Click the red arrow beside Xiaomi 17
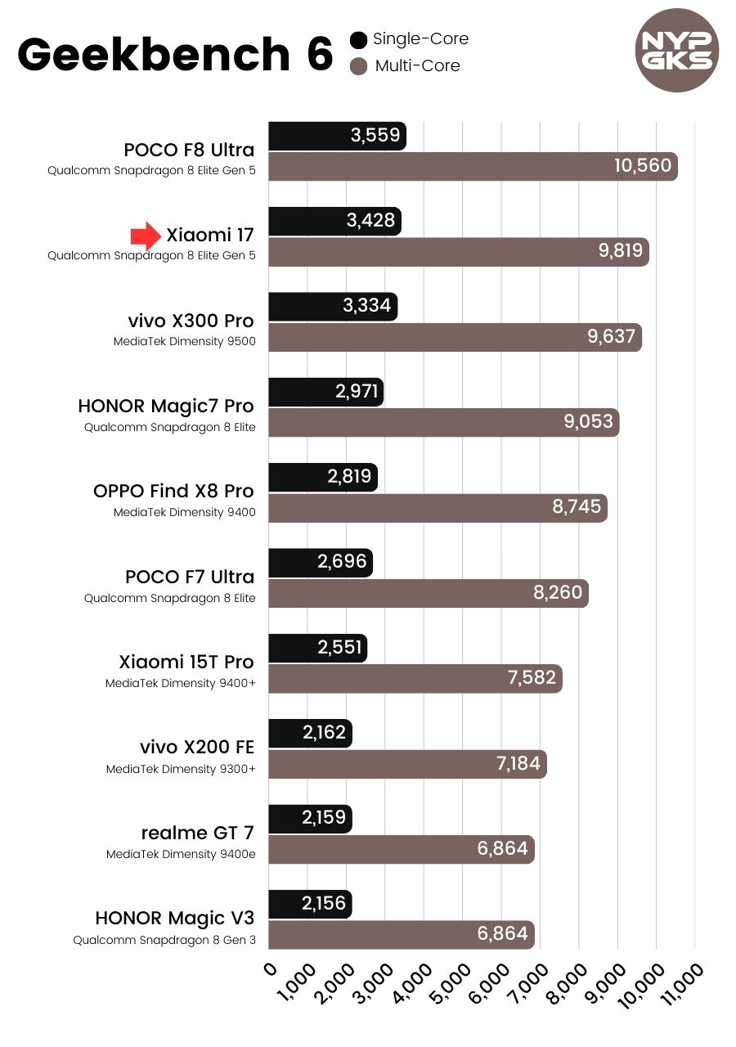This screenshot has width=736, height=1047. (146, 236)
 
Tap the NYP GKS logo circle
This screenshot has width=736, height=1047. (677, 51)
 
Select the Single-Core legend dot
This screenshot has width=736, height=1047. (358, 39)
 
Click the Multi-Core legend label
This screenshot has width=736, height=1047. (417, 66)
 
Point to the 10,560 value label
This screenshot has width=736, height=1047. (642, 167)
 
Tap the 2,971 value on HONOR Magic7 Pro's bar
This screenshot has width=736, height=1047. (357, 392)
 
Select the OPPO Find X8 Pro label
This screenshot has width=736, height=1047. (173, 492)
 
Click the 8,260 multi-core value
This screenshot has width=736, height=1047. (558, 592)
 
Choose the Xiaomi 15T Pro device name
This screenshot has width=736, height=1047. (186, 662)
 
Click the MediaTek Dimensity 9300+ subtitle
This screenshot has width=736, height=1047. (180, 769)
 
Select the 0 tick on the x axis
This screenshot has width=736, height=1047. (271, 969)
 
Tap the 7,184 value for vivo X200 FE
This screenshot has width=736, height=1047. (518, 764)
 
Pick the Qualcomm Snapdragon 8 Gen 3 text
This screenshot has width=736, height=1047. (164, 940)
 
